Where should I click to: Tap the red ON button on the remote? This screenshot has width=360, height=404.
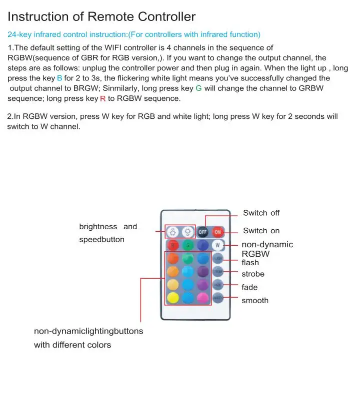218,232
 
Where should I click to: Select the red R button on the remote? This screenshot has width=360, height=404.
172,245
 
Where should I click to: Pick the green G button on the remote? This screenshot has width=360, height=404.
187,245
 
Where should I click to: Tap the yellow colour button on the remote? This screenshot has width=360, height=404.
172,298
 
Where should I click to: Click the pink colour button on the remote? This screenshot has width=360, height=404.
202,298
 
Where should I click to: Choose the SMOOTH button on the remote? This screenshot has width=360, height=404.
218,298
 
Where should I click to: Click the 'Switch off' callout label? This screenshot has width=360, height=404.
261,213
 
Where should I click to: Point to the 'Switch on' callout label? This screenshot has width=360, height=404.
261,231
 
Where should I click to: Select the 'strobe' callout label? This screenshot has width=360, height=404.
253,274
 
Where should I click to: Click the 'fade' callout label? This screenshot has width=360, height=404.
249,287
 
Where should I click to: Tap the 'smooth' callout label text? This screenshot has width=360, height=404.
255,301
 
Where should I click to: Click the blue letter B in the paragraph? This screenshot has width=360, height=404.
59,78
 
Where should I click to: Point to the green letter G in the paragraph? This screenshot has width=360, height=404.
198,88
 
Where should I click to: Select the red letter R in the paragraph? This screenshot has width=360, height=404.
102,98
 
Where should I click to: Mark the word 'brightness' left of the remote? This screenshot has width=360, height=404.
98,227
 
